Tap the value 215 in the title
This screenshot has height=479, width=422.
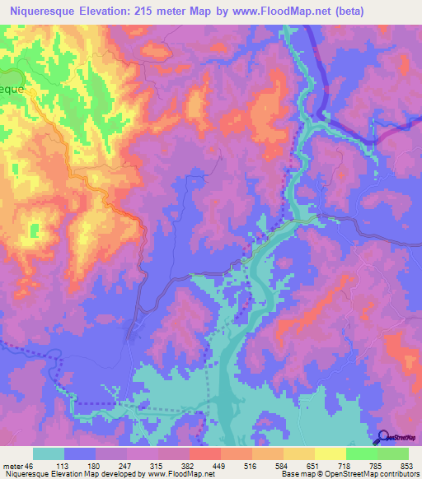click(161, 12)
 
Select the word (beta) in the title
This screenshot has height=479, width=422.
click(346, 12)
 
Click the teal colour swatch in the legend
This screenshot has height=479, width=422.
click(48, 453)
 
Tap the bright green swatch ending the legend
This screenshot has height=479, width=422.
click(392, 453)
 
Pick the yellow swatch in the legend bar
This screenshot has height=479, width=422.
click(330, 453)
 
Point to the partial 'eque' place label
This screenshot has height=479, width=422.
click(12, 86)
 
